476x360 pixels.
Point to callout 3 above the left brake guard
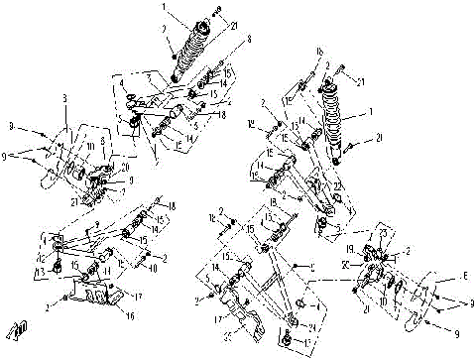(x=64, y=99)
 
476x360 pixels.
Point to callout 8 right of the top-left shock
(x=249, y=41)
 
